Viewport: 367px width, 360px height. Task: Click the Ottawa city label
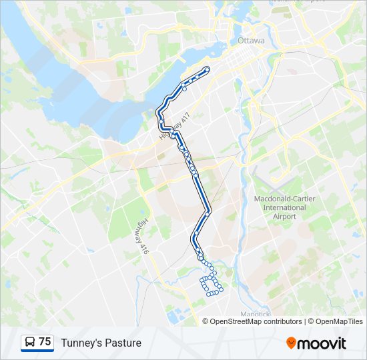(x=251, y=41)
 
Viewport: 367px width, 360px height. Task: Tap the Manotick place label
(x=255, y=313)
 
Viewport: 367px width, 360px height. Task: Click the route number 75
(x=45, y=341)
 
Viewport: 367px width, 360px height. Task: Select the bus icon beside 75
(x=30, y=342)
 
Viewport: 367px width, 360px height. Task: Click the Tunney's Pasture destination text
(x=101, y=343)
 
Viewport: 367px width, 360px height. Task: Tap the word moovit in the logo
(x=322, y=343)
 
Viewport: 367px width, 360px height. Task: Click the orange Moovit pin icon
(x=291, y=343)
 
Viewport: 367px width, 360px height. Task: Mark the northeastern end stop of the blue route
(x=208, y=69)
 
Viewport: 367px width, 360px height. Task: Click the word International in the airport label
(x=280, y=207)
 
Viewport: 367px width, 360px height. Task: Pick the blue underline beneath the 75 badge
(x=37, y=351)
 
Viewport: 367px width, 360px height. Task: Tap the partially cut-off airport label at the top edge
(x=297, y=2)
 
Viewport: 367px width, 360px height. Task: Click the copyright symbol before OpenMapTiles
(x=311, y=321)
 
